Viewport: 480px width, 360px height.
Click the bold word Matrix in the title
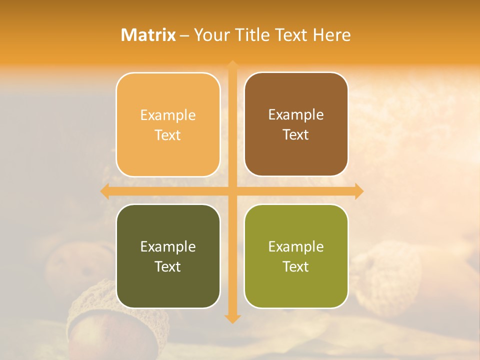(x=148, y=35)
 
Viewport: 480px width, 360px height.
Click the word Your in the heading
(x=212, y=35)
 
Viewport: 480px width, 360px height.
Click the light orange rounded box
(x=168, y=124)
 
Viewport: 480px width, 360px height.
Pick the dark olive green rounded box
(x=168, y=256)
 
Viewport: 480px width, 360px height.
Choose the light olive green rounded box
(x=296, y=256)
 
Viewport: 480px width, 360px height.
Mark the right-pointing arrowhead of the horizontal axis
(x=358, y=191)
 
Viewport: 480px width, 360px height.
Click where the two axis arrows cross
(x=232, y=191)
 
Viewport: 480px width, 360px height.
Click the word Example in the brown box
(x=296, y=114)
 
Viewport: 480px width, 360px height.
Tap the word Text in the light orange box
(x=168, y=135)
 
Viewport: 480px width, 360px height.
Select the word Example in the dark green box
(x=168, y=246)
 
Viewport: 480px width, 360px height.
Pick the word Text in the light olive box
(x=296, y=266)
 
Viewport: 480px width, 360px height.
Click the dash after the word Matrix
(x=184, y=35)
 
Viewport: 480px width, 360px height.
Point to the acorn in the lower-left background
(x=95, y=320)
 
